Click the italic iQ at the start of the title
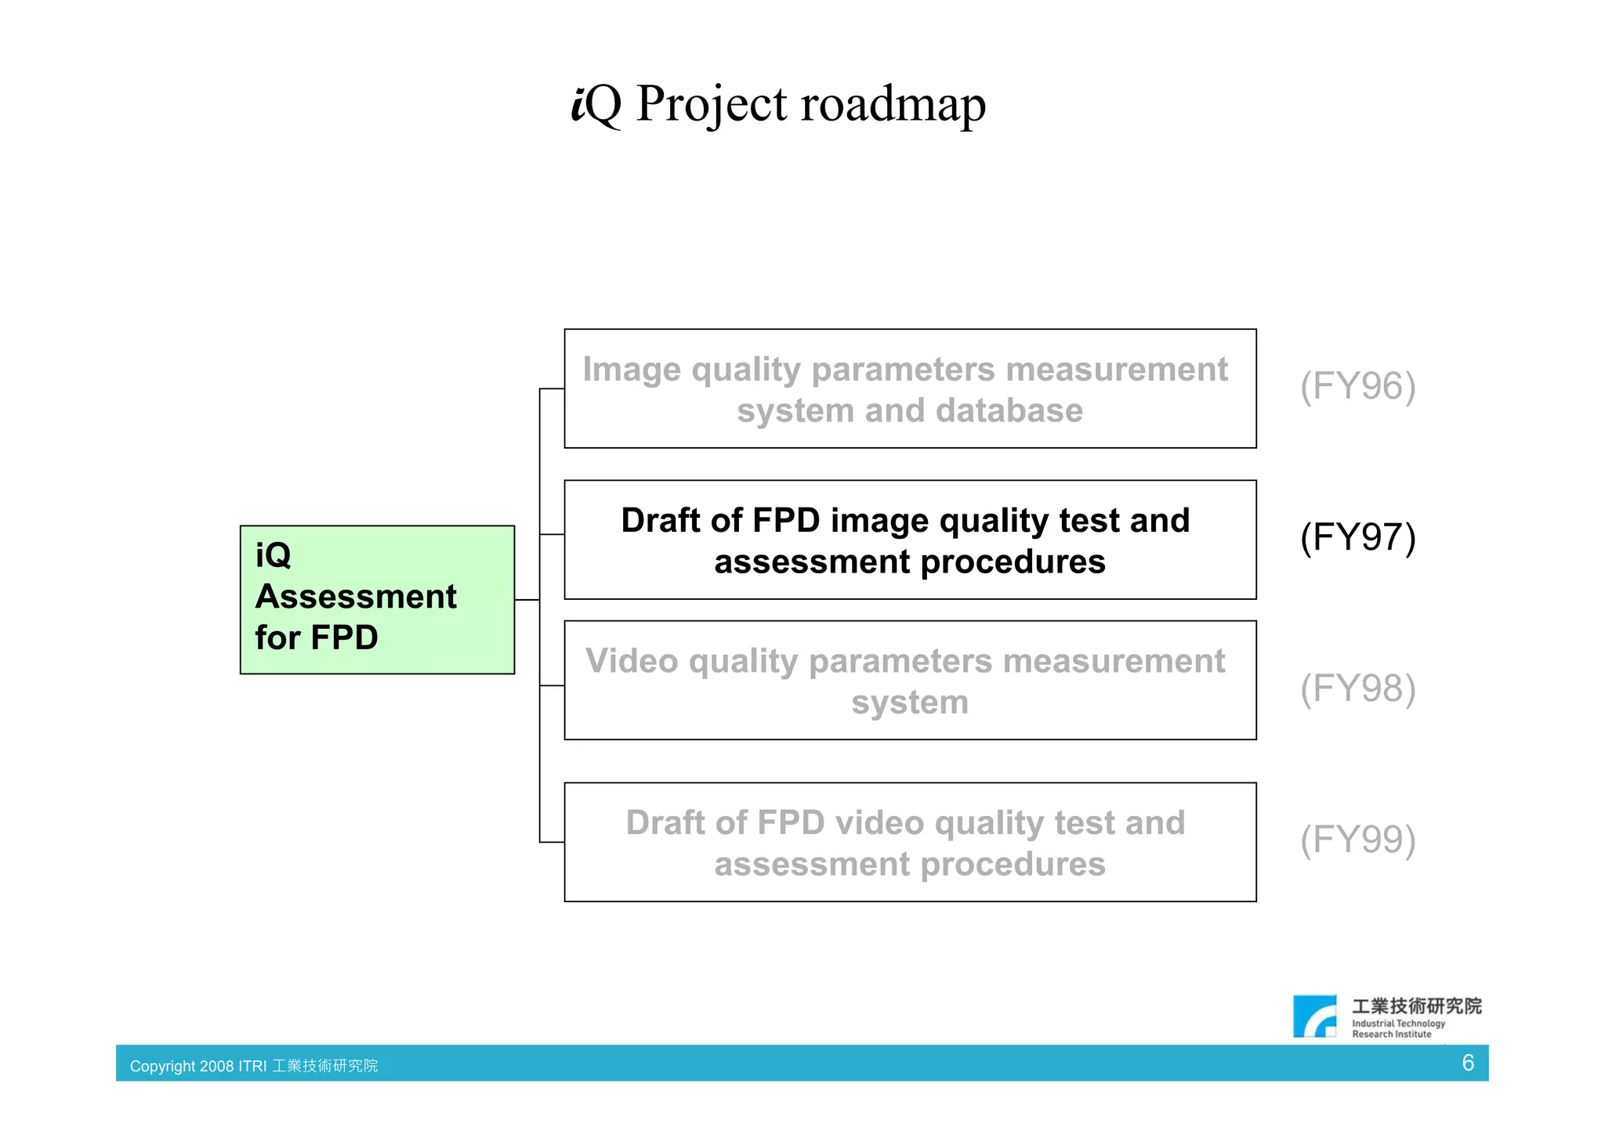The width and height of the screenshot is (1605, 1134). click(x=596, y=104)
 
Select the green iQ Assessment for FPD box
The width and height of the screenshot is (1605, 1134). click(x=377, y=599)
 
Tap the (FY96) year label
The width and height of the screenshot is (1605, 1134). click(x=1357, y=386)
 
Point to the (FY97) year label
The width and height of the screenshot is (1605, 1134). click(x=1357, y=537)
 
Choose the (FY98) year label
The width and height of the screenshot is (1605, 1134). click(x=1357, y=688)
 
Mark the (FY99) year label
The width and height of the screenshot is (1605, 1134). click(x=1357, y=840)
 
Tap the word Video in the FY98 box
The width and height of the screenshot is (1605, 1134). click(x=632, y=661)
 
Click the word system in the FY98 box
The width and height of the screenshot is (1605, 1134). click(x=910, y=702)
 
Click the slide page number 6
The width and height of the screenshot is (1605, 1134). click(x=1468, y=1063)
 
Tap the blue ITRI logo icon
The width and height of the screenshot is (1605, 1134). click(x=1314, y=1017)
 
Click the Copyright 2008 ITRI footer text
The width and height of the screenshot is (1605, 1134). click(x=253, y=1066)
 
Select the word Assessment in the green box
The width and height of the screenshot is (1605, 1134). click(x=356, y=597)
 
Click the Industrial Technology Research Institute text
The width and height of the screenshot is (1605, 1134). click(x=1398, y=1028)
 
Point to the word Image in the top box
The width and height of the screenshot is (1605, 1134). click(x=632, y=369)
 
